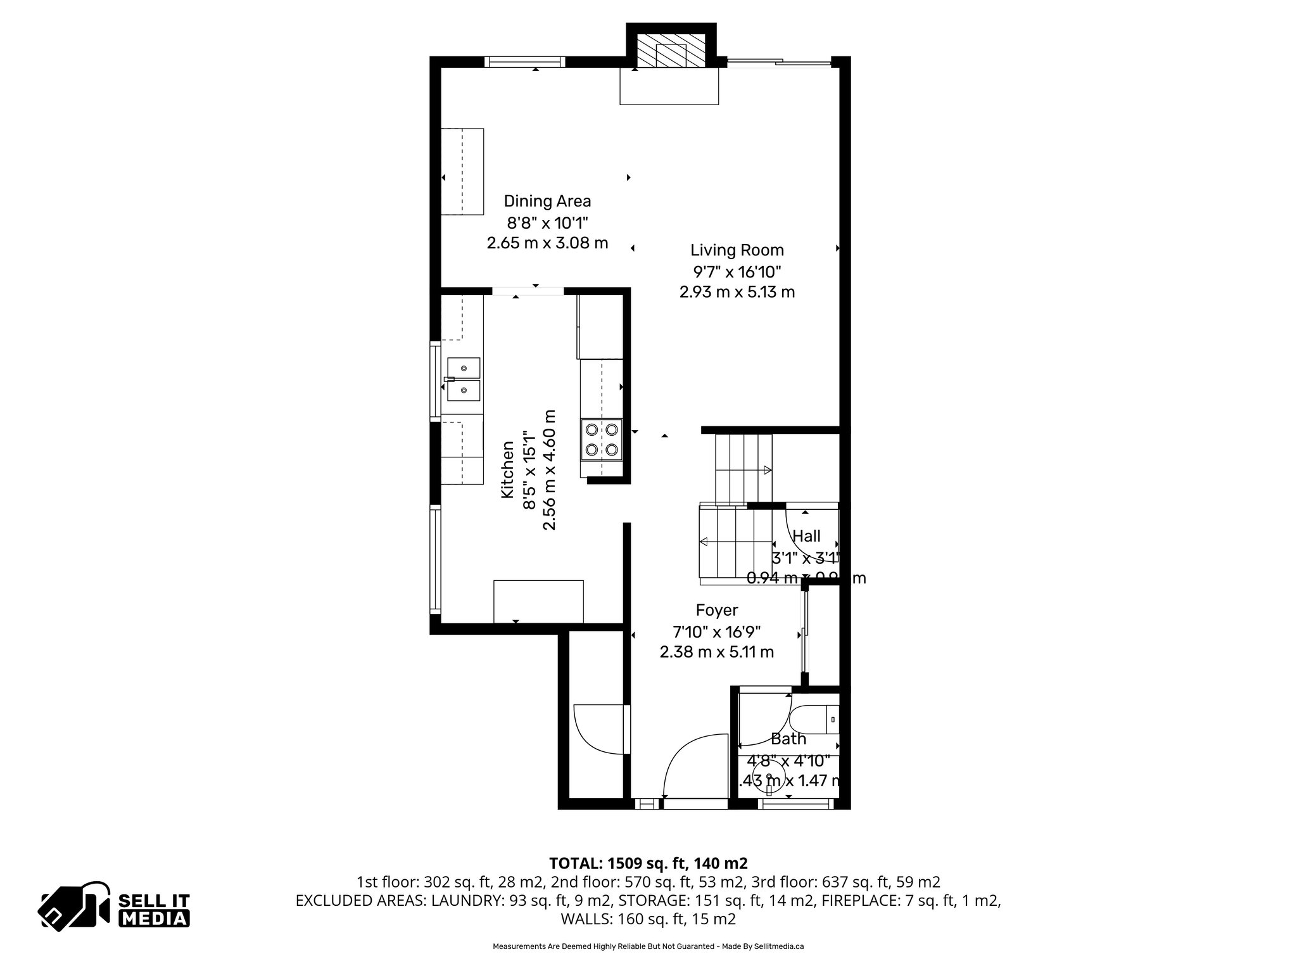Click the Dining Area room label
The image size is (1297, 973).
(547, 201)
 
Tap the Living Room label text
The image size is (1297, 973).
(737, 250)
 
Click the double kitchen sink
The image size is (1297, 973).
(463, 379)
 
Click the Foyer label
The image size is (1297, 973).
(717, 610)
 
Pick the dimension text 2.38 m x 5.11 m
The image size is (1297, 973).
(716, 652)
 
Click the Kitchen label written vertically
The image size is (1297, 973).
(508, 469)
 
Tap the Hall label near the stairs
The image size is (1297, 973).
(806, 536)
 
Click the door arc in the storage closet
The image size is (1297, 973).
(595, 728)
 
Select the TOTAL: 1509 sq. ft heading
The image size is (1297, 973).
(648, 863)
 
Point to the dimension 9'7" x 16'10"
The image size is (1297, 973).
(737, 272)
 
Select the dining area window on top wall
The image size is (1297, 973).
(524, 61)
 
